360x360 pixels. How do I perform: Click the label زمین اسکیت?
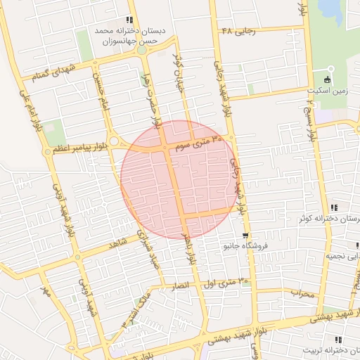[327, 91]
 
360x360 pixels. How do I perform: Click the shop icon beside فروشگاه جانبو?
[245, 236]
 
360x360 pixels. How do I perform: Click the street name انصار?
[181, 287]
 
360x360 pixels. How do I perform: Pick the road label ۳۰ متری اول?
[226, 283]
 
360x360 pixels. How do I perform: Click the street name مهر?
[46, 290]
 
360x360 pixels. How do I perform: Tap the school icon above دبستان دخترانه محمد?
[129, 20]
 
